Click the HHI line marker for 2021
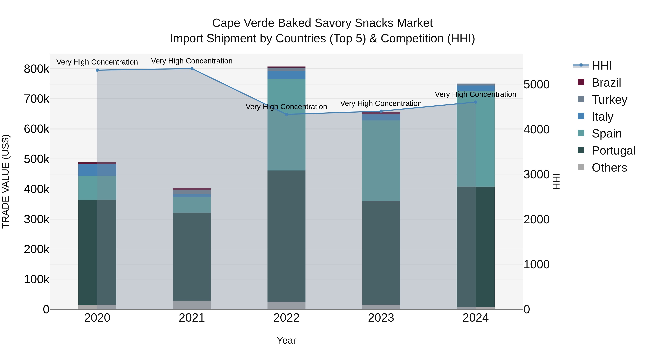pos(192,69)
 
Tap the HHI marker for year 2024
pos(476,102)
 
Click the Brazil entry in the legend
pos(606,83)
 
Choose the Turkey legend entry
pos(609,100)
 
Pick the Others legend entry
pos(609,168)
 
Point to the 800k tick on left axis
pos(37,69)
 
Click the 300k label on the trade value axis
pos(37,219)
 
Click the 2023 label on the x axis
pos(381,318)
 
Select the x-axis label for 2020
pos(97,318)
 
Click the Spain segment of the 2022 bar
pos(286,125)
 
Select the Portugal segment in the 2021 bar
pos(192,257)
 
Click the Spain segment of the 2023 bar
pos(381,161)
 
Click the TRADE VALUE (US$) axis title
pos(6,181)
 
